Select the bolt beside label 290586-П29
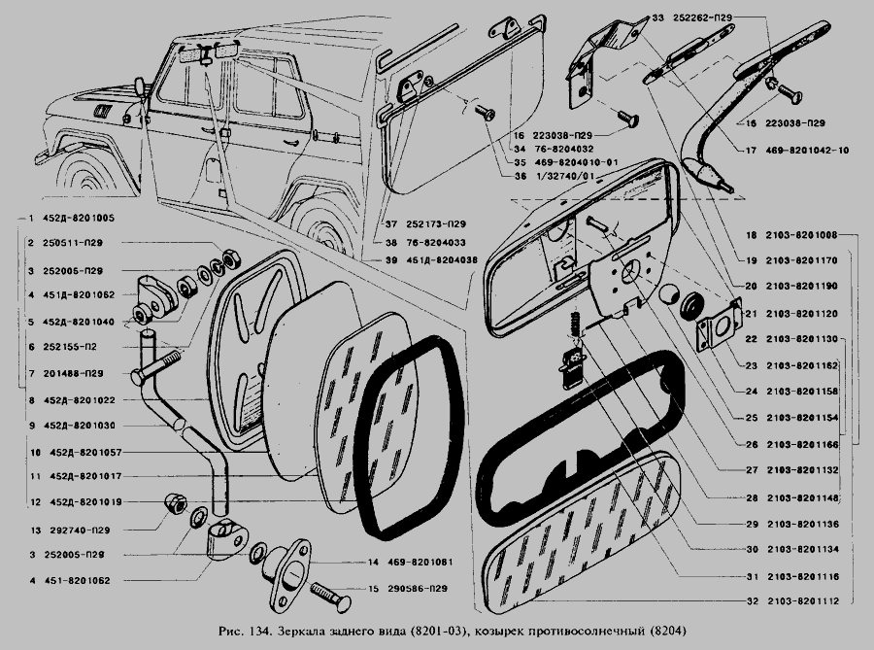(331, 599)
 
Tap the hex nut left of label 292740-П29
(175, 502)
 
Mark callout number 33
(656, 18)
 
